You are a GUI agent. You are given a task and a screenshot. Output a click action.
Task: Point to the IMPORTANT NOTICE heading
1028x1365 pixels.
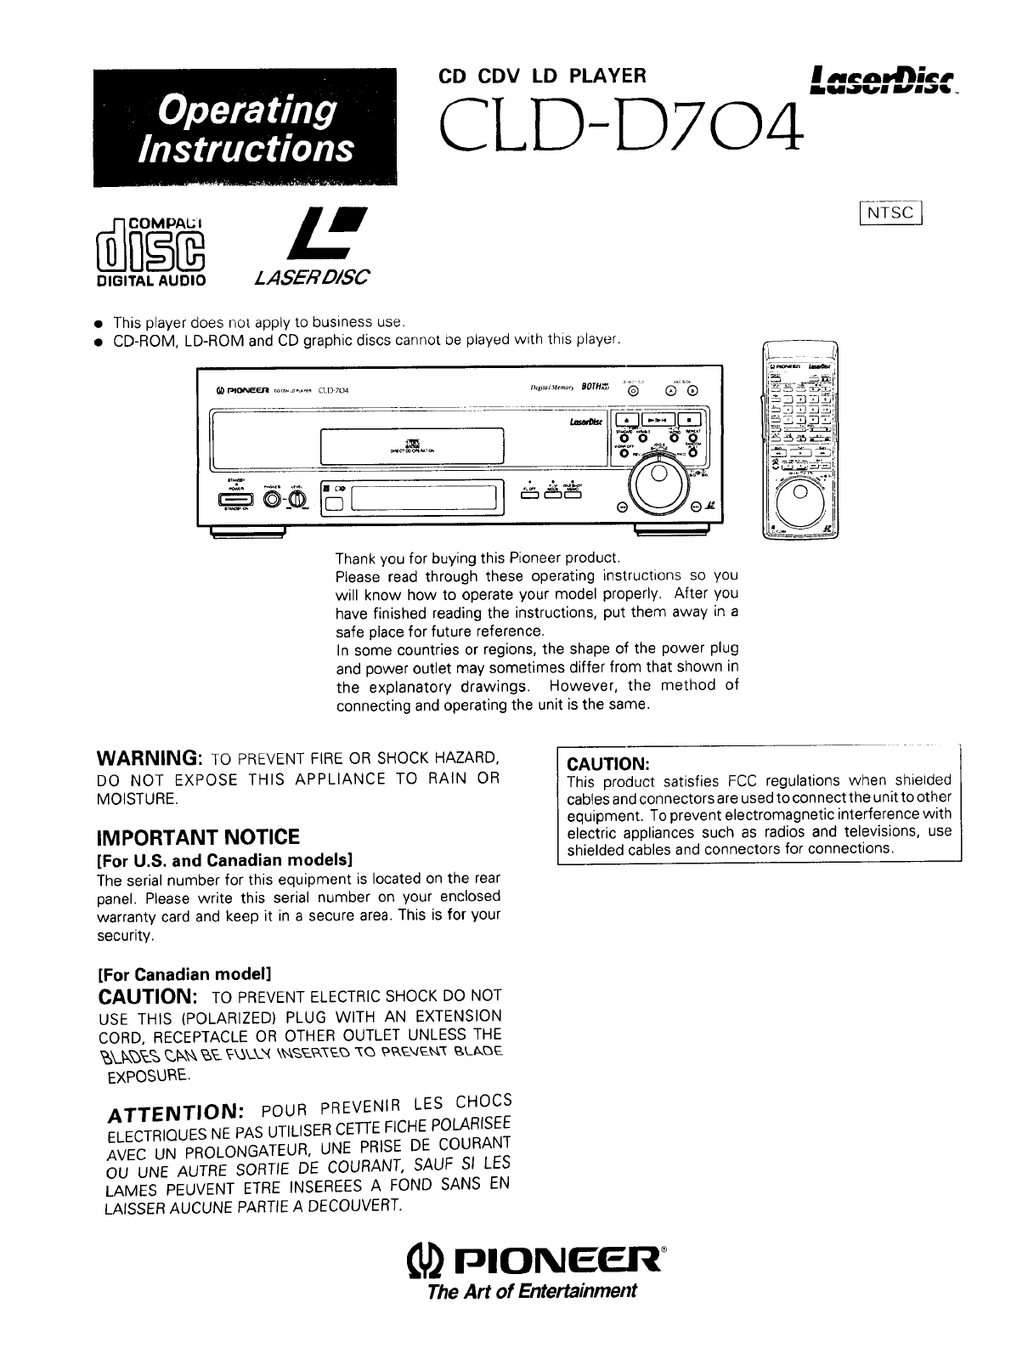[198, 837]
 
